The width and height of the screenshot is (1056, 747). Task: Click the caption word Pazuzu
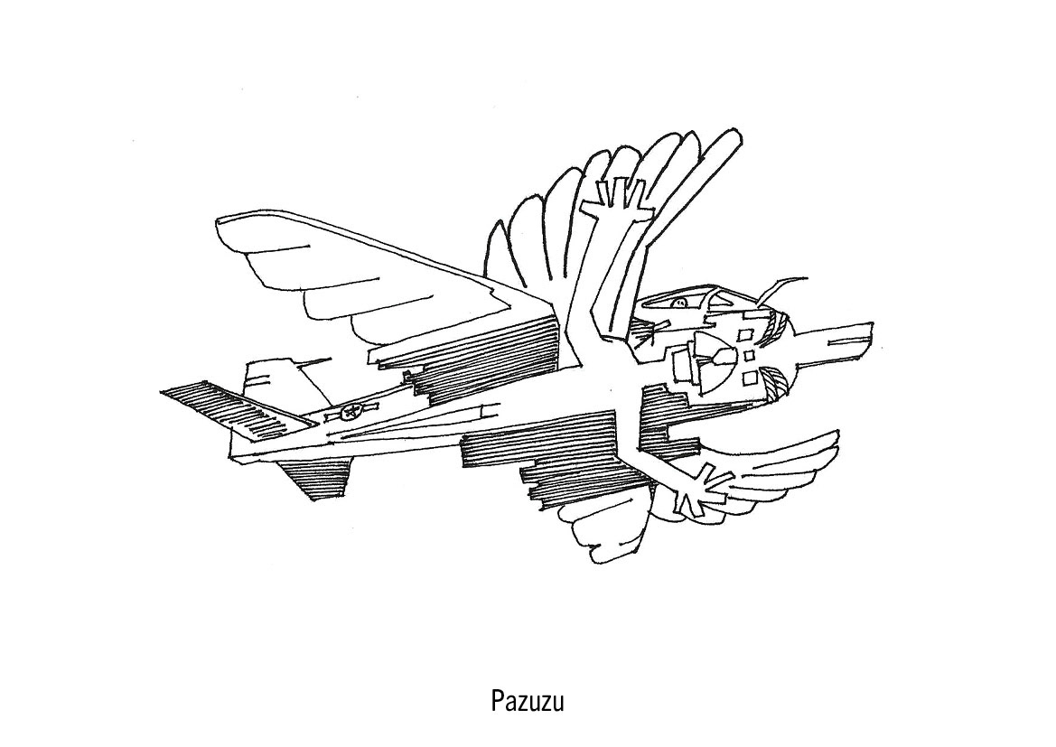(528, 701)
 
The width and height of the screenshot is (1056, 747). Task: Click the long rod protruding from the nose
(836, 343)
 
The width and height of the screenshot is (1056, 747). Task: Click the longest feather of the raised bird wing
(714, 172)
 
